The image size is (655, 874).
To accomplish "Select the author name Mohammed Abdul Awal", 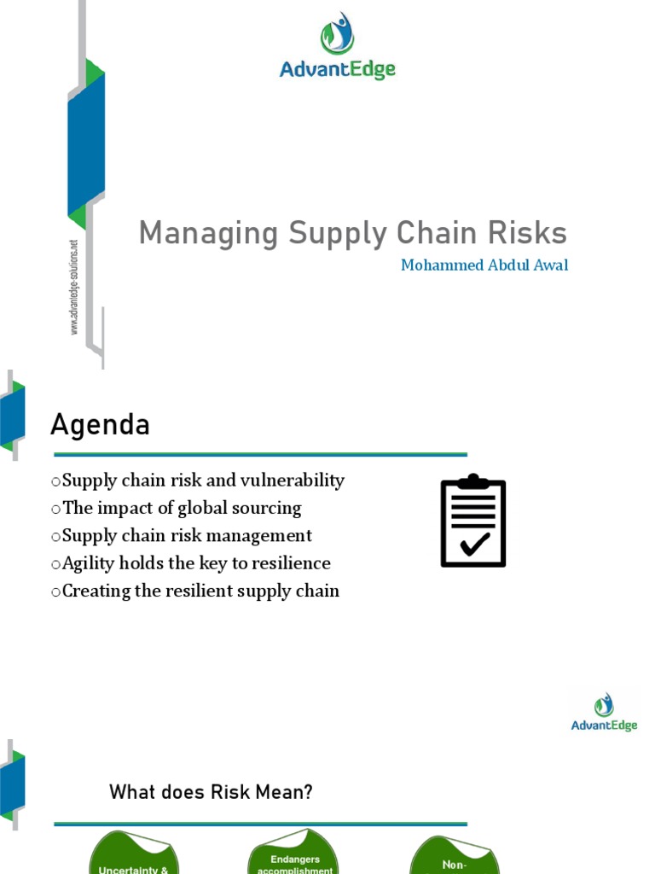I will (x=484, y=265).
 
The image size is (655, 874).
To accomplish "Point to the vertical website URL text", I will (x=74, y=286).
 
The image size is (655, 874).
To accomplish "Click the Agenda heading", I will (x=100, y=424).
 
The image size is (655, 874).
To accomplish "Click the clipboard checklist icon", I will (x=473, y=521).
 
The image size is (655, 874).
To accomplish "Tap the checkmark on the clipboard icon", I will (x=473, y=544).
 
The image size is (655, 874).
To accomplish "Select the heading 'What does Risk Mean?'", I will (x=211, y=793).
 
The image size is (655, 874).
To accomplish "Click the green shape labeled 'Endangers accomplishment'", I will (x=294, y=857).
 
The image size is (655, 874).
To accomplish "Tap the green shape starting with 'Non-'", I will (x=454, y=859).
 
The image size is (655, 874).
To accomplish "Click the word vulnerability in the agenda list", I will (x=293, y=481).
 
